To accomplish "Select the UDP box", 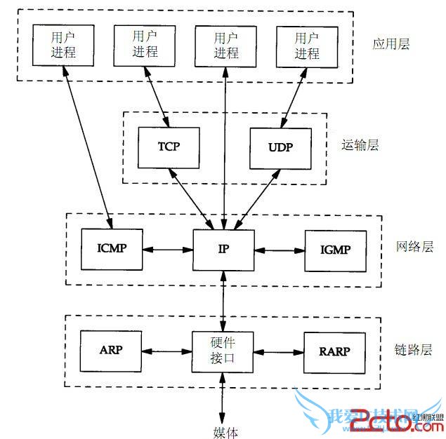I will [279, 148].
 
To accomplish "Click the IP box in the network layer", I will [223, 249].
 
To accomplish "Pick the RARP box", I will [334, 351].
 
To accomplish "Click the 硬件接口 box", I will [223, 351].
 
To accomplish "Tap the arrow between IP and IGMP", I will [279, 249].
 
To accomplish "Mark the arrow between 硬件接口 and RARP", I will [278, 351].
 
